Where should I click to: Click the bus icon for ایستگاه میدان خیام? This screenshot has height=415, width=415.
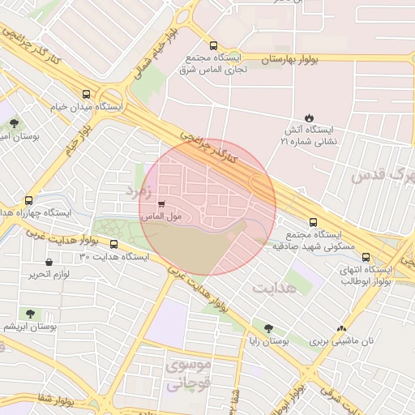point(87,93)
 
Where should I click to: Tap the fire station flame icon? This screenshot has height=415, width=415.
point(309,116)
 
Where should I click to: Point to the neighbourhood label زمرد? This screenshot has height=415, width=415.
point(138,190)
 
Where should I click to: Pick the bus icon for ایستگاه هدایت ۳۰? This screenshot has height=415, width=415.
point(113,244)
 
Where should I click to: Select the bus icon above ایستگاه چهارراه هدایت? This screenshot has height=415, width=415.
point(29,199)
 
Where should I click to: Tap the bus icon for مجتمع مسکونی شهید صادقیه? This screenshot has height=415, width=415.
point(313,221)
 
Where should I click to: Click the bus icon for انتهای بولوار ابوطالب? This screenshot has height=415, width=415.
point(368,257)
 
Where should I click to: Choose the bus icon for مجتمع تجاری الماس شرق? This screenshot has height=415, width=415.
point(213,46)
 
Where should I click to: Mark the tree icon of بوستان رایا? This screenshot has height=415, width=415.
point(268,329)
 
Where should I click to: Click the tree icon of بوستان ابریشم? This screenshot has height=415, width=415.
point(32,314)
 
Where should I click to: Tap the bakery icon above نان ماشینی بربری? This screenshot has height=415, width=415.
point(341,329)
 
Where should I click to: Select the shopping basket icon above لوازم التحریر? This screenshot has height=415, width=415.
point(50,262)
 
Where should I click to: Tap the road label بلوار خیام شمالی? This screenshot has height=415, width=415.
point(157,49)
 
